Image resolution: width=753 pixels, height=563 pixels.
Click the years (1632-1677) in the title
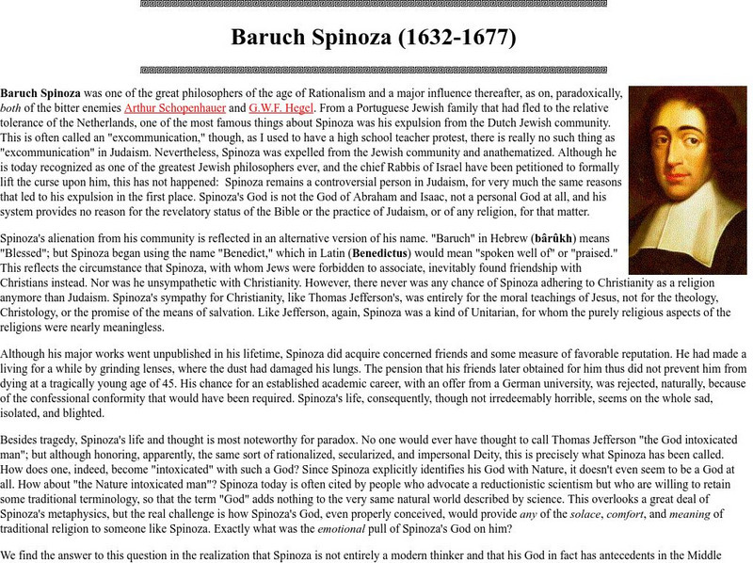tap(446, 40)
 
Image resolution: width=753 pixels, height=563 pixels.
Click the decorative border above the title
tap(375, 4)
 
